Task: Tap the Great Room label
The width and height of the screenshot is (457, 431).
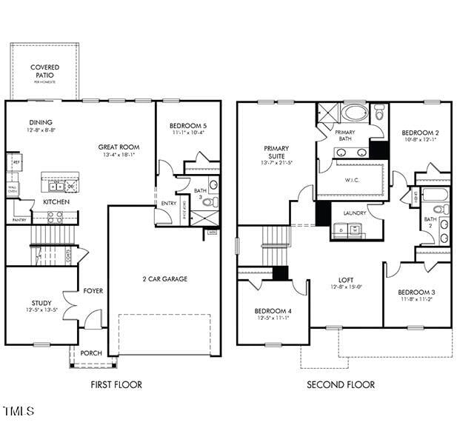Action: point(119,147)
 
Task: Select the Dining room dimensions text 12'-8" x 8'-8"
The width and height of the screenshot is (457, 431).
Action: point(41,130)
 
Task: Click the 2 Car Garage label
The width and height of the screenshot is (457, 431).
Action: point(164,279)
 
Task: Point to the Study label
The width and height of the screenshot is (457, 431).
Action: point(41,302)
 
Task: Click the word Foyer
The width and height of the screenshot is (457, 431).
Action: point(93,291)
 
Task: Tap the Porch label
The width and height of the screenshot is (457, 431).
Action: point(91,353)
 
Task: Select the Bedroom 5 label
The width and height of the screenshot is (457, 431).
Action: point(187,126)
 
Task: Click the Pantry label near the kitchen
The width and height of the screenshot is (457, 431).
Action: point(19,220)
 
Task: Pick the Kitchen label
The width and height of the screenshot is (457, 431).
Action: point(56,201)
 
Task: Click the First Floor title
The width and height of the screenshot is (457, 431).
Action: point(116,384)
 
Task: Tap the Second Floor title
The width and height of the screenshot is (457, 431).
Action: point(341,384)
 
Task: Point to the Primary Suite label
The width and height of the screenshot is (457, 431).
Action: point(276,153)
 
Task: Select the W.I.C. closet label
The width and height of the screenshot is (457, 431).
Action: point(352,180)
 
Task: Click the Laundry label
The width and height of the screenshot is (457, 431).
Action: point(355,213)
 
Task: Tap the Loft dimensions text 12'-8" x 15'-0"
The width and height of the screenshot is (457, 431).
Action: point(346,287)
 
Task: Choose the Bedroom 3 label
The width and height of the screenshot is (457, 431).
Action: point(416,293)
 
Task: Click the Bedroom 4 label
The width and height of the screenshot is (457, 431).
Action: point(273,310)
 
